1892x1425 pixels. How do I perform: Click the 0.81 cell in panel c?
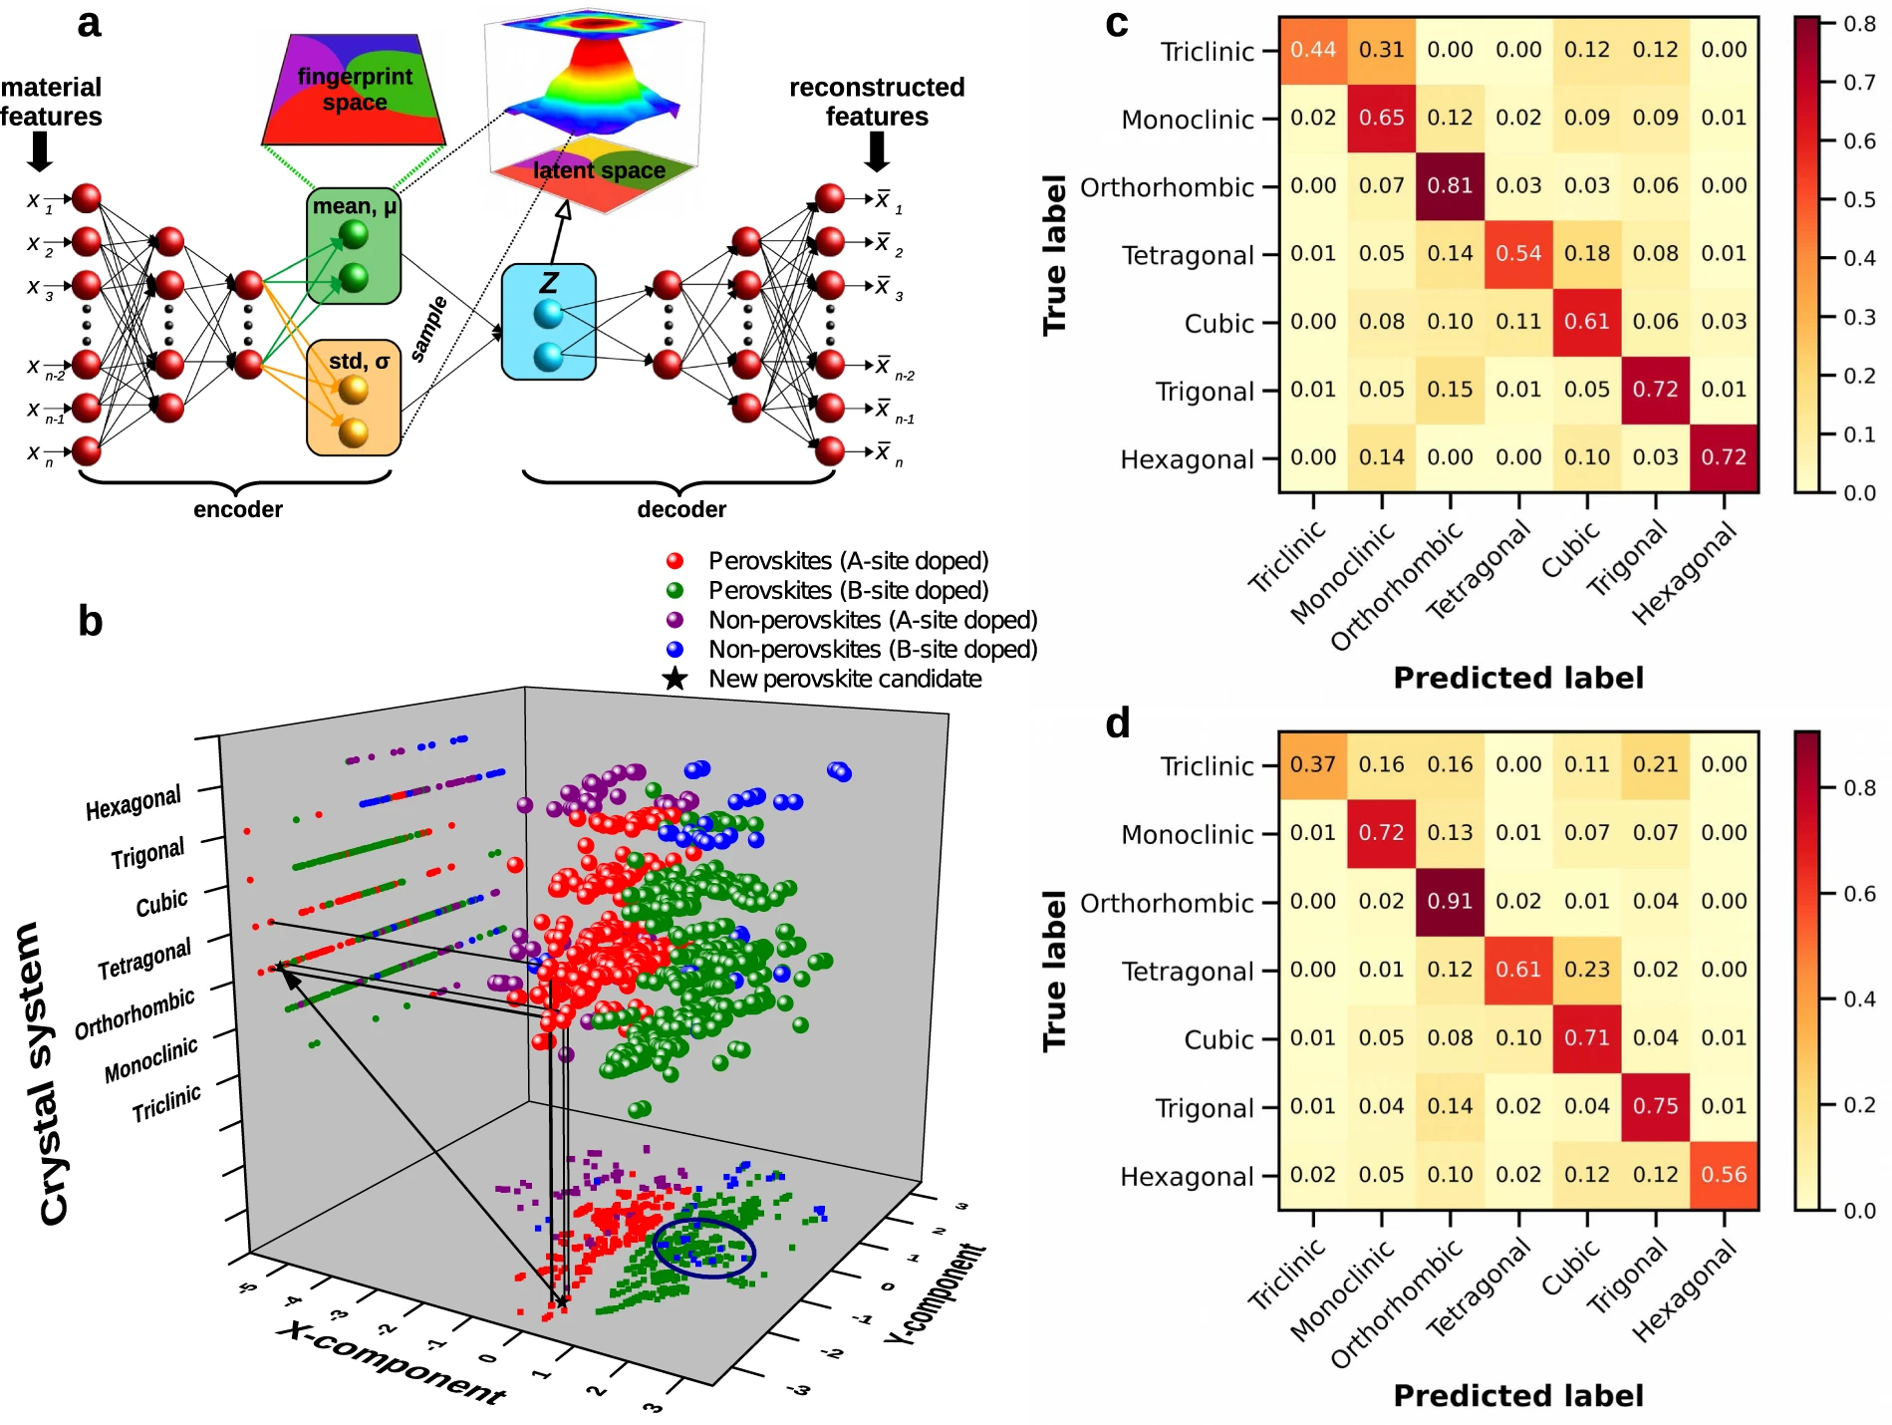[x=1450, y=186]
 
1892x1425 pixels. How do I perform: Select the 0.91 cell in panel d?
[x=1450, y=902]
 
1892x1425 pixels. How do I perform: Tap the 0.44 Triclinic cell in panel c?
[x=1313, y=50]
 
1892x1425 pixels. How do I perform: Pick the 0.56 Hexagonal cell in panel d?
[x=1724, y=1175]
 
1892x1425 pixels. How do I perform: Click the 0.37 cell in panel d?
[x=1313, y=765]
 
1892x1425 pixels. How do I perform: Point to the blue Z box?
[x=548, y=322]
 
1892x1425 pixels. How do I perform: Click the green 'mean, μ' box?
[x=354, y=246]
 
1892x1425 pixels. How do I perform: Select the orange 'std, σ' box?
[x=354, y=398]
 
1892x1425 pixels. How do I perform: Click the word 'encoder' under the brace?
[x=238, y=510]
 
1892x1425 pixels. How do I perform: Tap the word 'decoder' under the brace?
[x=681, y=510]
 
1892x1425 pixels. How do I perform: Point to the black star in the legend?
[x=676, y=680]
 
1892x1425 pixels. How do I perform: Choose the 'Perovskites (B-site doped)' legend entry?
[x=848, y=591]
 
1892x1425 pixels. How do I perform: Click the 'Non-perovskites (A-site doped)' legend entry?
[x=872, y=621]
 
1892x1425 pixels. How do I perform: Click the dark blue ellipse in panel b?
[x=704, y=1248]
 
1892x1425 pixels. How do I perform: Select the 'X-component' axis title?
[x=393, y=1362]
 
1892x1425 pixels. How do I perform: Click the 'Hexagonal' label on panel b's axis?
[x=134, y=802]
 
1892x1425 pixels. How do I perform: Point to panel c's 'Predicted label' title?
[x=1518, y=679]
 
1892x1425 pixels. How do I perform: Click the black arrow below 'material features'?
[x=40, y=151]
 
